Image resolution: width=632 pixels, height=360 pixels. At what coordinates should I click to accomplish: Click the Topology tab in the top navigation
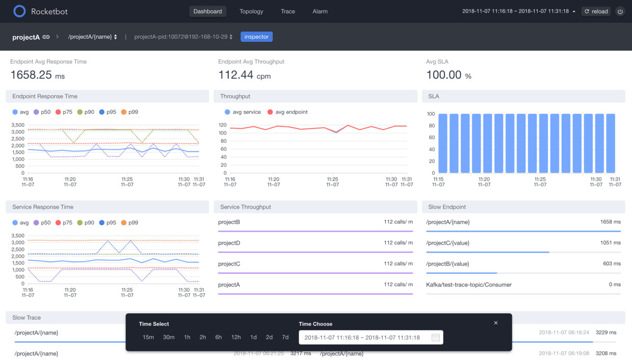point(251,11)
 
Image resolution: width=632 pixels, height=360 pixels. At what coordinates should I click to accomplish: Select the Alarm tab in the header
point(320,11)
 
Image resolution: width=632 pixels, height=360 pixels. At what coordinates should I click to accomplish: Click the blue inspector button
point(256,37)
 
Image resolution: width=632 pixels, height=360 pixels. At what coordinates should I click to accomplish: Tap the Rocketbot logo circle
point(19,11)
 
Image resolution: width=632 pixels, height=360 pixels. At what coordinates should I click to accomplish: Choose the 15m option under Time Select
point(148,337)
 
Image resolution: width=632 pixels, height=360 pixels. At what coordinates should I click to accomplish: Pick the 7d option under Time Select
point(285,337)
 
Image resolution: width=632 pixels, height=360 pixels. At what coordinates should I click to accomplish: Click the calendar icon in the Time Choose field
point(435,338)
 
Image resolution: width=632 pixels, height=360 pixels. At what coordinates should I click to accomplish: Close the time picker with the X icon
point(496,323)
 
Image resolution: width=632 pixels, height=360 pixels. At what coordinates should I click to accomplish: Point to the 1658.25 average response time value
point(31,75)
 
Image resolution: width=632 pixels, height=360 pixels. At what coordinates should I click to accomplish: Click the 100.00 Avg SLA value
point(443,75)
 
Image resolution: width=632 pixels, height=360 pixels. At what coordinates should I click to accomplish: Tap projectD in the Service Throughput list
point(229,243)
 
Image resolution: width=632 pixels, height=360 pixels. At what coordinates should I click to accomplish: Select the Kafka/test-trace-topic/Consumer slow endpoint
point(468,285)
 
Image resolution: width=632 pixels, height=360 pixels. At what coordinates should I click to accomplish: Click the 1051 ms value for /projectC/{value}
point(610,243)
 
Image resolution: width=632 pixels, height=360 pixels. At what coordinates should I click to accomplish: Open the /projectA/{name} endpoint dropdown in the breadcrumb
point(93,37)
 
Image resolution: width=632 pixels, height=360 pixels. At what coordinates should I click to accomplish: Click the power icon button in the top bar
point(620,11)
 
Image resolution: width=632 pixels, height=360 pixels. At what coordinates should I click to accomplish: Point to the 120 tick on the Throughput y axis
point(222,125)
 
